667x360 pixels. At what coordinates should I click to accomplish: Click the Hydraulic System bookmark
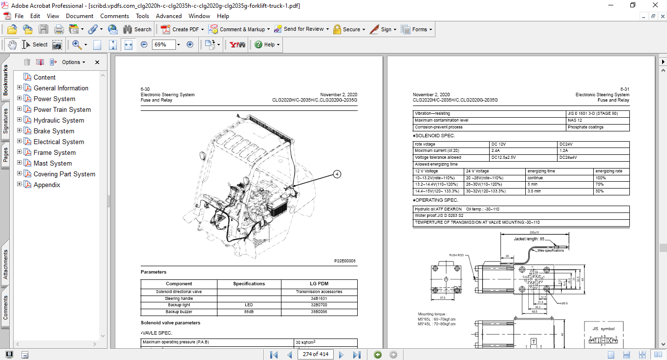59,120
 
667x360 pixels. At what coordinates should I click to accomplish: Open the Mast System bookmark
52,163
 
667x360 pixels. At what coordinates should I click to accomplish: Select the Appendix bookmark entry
47,185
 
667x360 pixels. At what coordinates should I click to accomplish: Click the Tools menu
142,16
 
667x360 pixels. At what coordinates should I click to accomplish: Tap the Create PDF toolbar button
181,29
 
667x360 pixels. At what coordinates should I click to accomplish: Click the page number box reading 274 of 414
316,354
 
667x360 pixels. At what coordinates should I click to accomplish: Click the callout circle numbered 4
337,174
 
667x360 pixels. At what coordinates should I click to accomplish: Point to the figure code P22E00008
344,261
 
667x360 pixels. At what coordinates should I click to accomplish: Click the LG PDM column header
319,283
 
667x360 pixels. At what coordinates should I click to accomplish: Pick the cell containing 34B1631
319,298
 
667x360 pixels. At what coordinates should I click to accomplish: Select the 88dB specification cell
249,312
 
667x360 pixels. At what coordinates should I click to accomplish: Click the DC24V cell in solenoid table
568,144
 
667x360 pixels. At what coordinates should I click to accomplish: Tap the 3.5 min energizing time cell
534,191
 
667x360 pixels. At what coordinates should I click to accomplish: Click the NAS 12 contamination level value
575,120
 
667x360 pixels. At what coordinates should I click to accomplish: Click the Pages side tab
5,155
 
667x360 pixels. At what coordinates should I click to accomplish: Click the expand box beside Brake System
20,131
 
